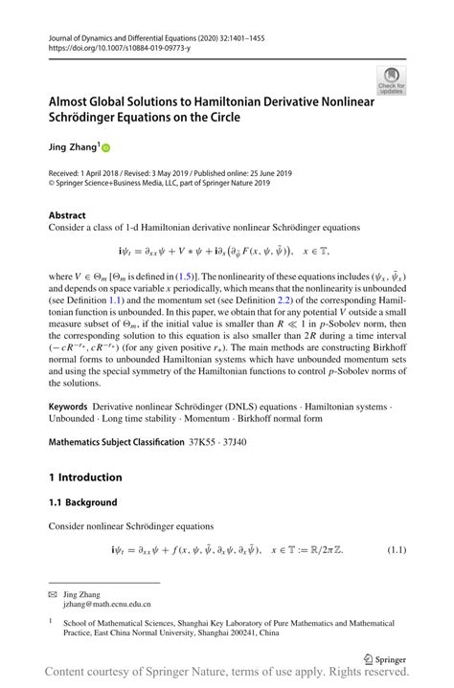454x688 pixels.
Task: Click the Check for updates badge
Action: click(x=391, y=80)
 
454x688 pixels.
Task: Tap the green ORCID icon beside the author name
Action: click(x=106, y=148)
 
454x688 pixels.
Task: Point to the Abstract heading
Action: click(x=67, y=216)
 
